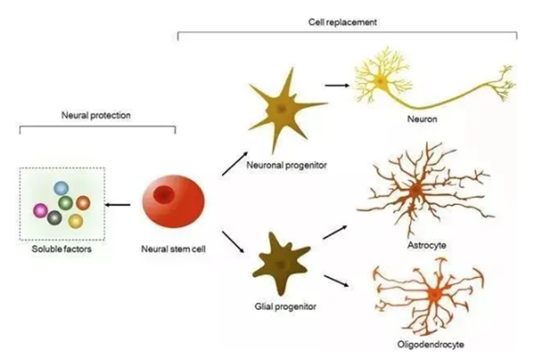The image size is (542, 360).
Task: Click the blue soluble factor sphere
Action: [x=61, y=189]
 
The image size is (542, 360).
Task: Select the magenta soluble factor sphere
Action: [x=40, y=208]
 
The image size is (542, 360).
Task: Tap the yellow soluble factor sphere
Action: [x=75, y=221]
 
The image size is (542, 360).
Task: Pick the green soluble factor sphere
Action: [x=64, y=204]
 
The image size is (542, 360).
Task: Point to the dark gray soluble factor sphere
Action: [x=56, y=219]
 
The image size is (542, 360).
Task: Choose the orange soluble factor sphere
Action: [x=83, y=202]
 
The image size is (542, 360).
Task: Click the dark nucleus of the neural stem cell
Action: [x=166, y=196]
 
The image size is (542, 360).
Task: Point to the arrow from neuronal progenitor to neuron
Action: [x=336, y=85]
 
